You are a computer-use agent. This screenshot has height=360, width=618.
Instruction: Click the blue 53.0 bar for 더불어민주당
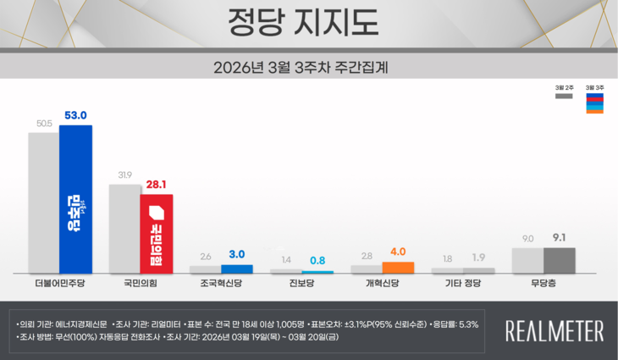click(75, 199)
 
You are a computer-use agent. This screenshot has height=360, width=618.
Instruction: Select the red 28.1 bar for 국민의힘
click(156, 234)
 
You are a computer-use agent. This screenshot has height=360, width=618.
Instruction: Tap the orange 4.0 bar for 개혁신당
click(398, 268)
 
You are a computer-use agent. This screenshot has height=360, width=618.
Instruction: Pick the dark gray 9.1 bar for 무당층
click(559, 260)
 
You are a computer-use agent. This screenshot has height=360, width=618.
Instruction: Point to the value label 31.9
click(124, 175)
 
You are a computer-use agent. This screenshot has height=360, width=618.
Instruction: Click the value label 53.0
click(76, 116)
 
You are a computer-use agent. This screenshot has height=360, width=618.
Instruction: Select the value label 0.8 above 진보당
click(317, 260)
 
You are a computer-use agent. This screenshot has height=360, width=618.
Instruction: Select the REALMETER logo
click(555, 330)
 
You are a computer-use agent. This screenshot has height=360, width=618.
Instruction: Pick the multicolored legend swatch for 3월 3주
click(594, 102)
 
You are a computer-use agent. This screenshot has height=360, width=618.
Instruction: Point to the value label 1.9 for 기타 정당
click(478, 258)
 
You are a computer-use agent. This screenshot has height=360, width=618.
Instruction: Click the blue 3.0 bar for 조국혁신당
click(237, 269)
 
